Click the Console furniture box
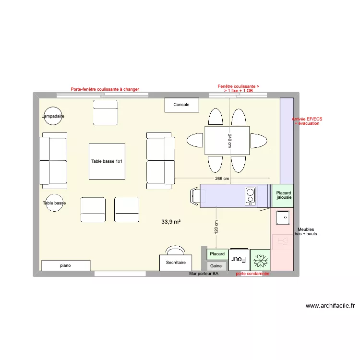click(x=181, y=105)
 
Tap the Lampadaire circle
click(x=53, y=116)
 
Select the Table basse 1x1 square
click(x=107, y=161)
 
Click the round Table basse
click(x=54, y=203)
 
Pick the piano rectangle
click(x=66, y=265)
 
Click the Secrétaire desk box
click(x=176, y=263)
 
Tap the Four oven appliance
click(x=239, y=260)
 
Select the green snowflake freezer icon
click(x=260, y=260)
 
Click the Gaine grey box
click(x=216, y=266)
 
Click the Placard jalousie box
click(x=283, y=195)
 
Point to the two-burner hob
click(x=250, y=195)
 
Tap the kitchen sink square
click(x=283, y=217)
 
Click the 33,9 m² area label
click(x=171, y=222)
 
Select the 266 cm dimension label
click(x=222, y=179)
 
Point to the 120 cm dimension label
click(x=216, y=227)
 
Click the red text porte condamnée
click(x=252, y=274)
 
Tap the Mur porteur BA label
click(x=204, y=274)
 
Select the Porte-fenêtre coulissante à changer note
click(x=105, y=89)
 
